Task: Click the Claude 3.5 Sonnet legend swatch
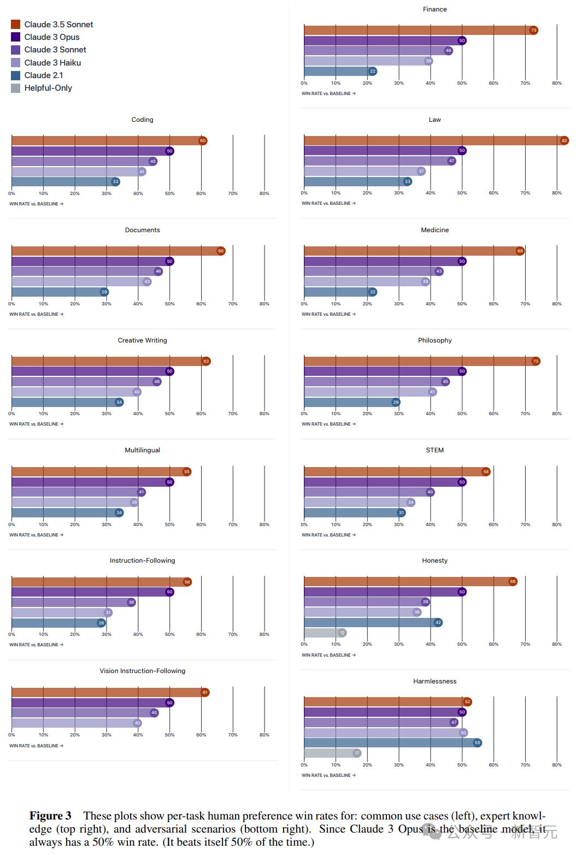pos(15,25)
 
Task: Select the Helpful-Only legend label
pos(48,88)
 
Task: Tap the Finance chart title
pos(434,9)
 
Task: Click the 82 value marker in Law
pos(565,140)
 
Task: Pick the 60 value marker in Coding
pos(203,140)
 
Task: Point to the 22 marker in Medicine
pos(373,292)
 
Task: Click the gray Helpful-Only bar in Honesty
pos(322,633)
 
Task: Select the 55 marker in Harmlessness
pos(478,742)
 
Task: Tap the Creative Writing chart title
pos(142,340)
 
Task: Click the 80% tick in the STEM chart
pos(556,524)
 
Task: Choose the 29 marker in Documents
pos(104,292)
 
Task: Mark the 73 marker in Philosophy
pos(536,361)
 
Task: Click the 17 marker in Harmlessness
pos(357,753)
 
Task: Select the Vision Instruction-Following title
pos(142,671)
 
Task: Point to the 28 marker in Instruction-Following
pos(101,623)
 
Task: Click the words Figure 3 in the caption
pos(50,816)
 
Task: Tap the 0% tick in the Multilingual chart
pos(11,524)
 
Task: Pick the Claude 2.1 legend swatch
pos(15,75)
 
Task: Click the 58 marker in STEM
pos(486,471)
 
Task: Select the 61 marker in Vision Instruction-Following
pos(205,692)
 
